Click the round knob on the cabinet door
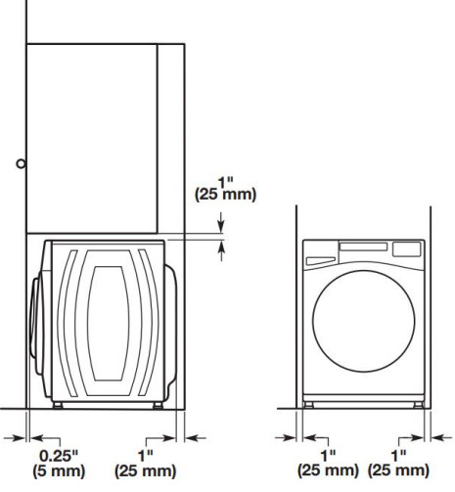pyautogui.click(x=21, y=164)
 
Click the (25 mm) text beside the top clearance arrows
pyautogui.click(x=226, y=195)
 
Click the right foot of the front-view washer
pyautogui.click(x=420, y=402)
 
